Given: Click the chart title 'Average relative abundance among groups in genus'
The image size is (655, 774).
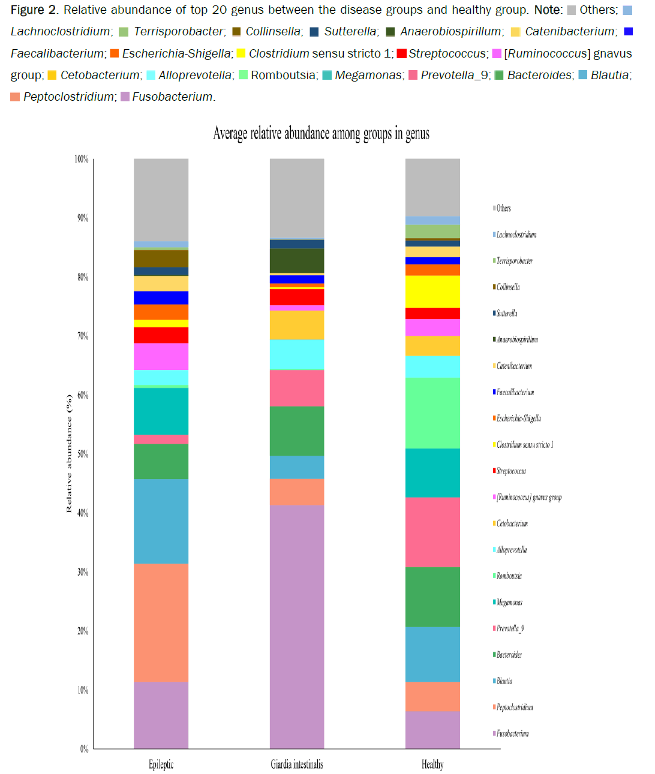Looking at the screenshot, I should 321,134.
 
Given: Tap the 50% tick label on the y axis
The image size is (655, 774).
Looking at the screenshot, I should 83,454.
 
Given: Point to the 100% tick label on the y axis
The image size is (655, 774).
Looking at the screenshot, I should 82,159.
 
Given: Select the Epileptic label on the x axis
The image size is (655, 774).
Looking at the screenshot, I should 161,764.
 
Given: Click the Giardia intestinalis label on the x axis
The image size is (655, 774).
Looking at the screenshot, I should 296,764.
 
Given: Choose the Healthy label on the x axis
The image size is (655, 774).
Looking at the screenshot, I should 432,764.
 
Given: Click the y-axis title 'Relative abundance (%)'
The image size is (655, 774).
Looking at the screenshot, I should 69,453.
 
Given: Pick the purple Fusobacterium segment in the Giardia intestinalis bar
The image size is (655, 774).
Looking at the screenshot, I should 297,627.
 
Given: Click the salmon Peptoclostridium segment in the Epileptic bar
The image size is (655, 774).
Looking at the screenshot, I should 161,622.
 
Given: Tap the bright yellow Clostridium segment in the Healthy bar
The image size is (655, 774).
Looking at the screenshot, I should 432,291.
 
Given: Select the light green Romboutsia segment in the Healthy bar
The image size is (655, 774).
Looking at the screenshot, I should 432,412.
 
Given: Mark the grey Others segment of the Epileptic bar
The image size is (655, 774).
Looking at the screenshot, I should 161,200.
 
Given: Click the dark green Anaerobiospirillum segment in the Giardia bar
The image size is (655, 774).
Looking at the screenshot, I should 297,260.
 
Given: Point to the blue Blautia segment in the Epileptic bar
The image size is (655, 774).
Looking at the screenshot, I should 161,521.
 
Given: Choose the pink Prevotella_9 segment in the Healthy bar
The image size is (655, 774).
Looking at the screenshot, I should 432,532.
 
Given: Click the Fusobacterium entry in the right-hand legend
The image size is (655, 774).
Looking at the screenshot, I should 512,733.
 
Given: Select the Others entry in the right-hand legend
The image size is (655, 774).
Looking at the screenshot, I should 503,209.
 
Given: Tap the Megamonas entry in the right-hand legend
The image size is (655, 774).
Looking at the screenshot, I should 509,602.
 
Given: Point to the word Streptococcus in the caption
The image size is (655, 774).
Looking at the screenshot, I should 447,53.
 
